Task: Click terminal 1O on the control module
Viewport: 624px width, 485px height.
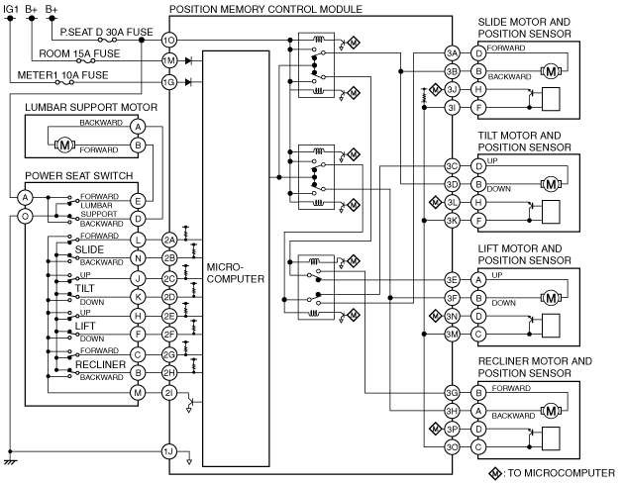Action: [x=169, y=40]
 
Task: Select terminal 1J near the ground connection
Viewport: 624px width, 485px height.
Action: [x=169, y=451]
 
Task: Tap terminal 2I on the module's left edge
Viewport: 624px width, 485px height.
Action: [x=169, y=393]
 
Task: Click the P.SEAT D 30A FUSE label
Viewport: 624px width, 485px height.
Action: [x=107, y=33]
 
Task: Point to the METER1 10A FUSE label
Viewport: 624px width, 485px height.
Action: [x=62, y=75]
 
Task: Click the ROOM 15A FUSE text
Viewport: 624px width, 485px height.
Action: [x=79, y=53]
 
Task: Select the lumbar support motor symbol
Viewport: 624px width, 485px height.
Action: [x=64, y=145]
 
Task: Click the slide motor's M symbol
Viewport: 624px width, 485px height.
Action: [x=551, y=71]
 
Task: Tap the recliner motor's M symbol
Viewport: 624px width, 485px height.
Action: [x=551, y=411]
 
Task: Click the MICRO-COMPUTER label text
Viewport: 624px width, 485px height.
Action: [x=235, y=273]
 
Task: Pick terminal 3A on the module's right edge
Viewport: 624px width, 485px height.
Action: [x=452, y=52]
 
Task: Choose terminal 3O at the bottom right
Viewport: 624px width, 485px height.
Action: [x=452, y=447]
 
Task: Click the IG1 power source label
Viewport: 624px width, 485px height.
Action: [x=11, y=8]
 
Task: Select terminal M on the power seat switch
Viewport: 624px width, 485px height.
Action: [x=138, y=393]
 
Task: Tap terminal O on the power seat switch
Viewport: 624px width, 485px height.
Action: [x=25, y=216]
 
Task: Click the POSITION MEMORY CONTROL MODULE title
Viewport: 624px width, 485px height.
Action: [x=265, y=9]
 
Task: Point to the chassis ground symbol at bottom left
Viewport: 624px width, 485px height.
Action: [x=10, y=462]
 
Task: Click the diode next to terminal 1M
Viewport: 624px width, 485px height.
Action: [x=189, y=60]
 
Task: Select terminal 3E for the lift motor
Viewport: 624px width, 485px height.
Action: [x=452, y=280]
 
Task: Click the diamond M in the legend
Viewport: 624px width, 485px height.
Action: [x=494, y=473]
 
